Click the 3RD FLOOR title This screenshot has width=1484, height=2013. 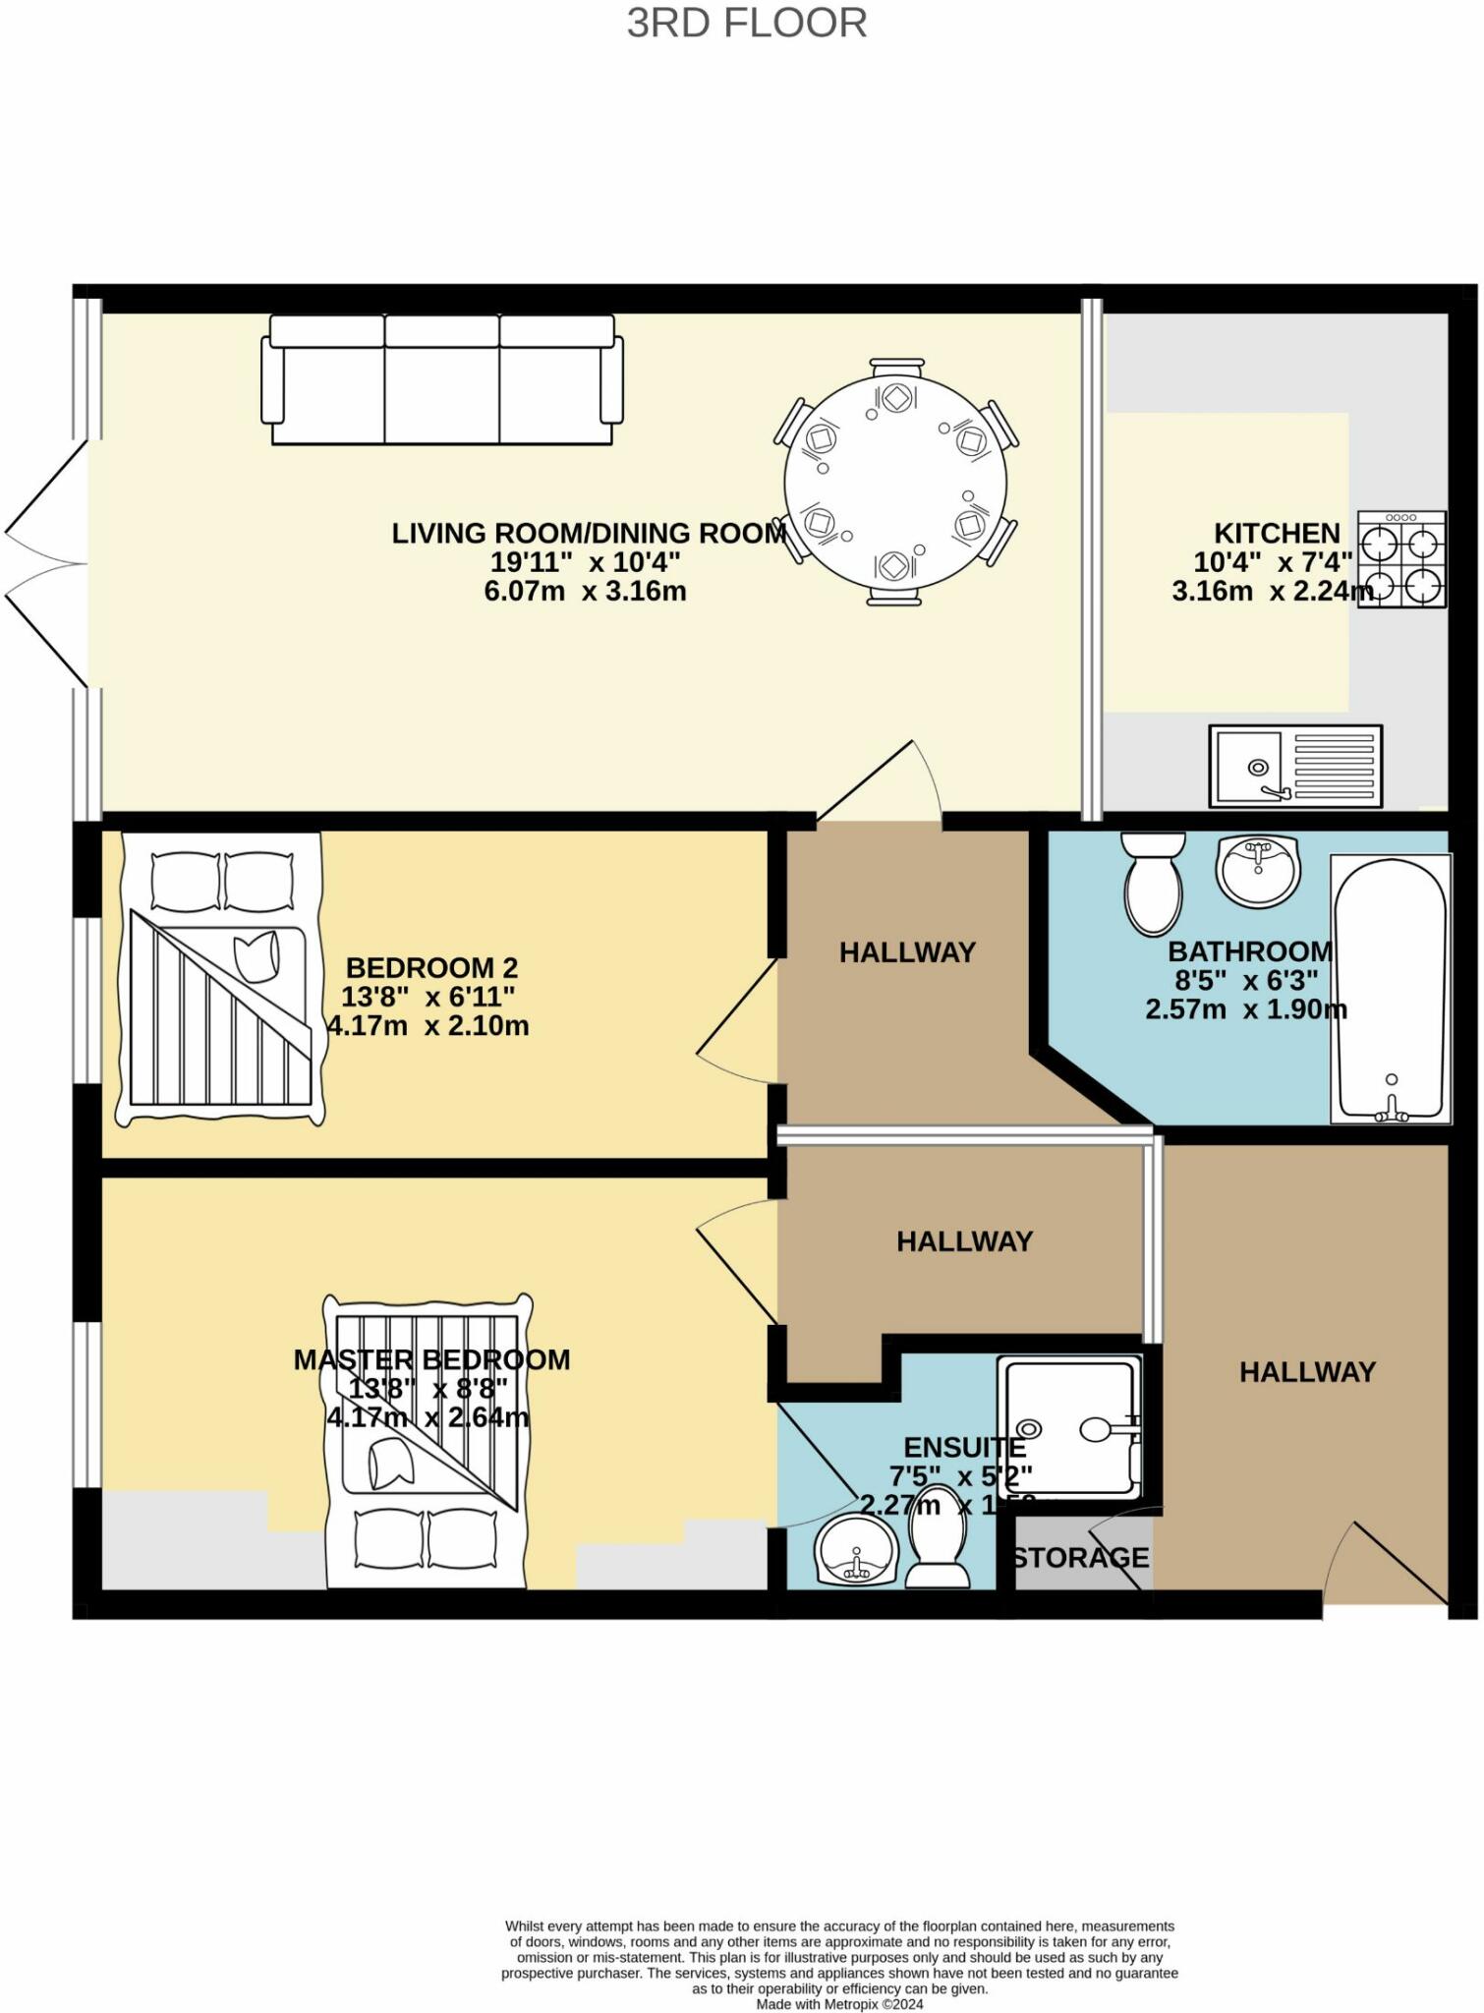747,24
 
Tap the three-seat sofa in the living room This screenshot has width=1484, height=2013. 442,380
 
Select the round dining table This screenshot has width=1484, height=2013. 895,482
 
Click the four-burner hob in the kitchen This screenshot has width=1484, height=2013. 1401,559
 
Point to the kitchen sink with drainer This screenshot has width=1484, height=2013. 1295,766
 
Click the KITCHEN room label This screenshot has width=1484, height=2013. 1277,534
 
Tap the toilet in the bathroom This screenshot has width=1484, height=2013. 1153,883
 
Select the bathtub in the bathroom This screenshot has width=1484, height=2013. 1391,988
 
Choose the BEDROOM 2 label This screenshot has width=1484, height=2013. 431,968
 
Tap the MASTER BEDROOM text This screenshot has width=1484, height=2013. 431,1360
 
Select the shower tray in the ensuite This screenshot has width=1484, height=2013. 1069,1427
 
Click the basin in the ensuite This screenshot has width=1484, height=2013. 856,1550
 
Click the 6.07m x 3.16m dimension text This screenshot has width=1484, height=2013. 585,592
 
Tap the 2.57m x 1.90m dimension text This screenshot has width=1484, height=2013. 1245,1009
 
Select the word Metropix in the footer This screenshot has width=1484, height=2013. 846,2004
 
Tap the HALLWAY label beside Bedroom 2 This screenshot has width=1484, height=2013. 906,951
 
